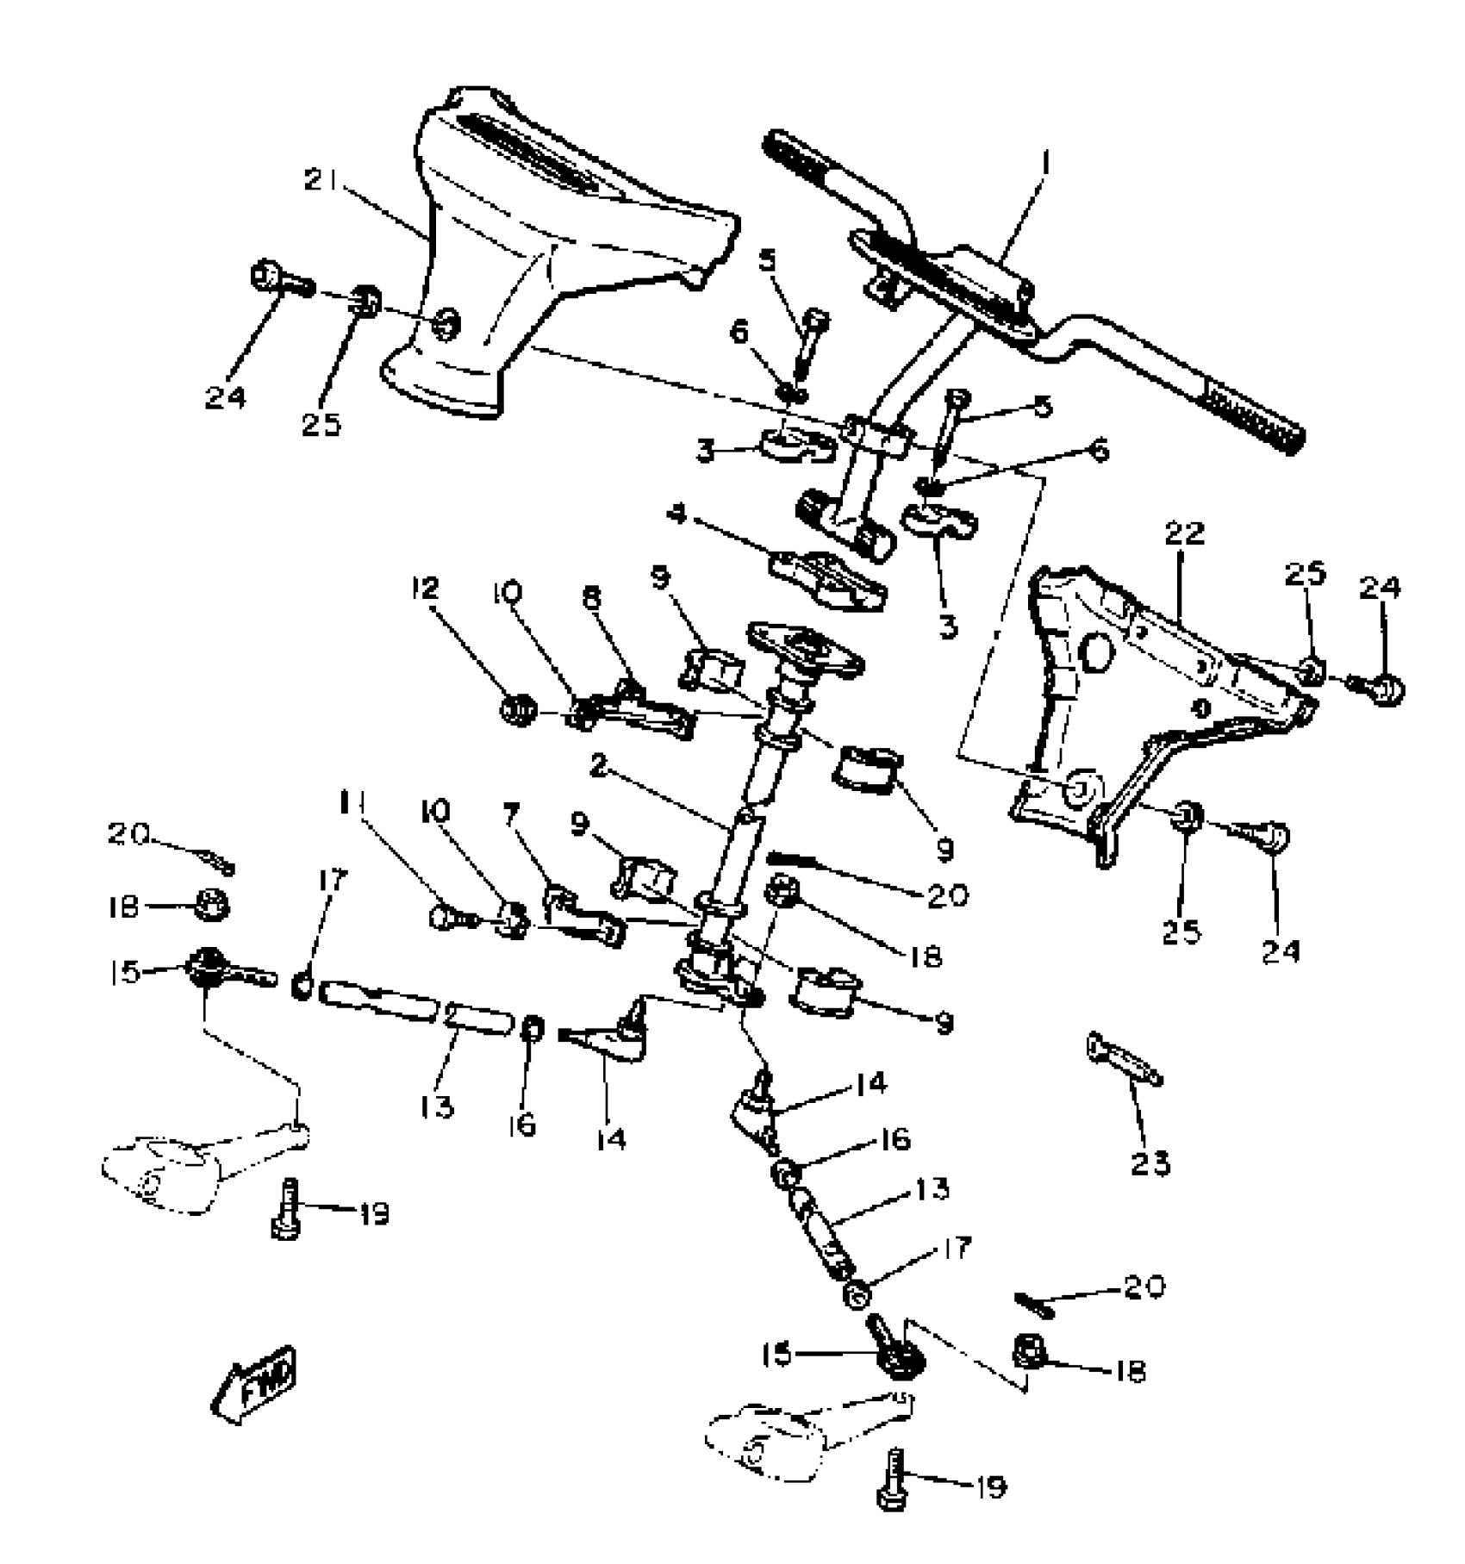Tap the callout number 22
coord(1183,534)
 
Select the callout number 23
coord(1150,1164)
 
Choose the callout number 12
coord(424,589)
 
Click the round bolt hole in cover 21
coord(446,325)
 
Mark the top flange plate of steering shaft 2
coord(807,647)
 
